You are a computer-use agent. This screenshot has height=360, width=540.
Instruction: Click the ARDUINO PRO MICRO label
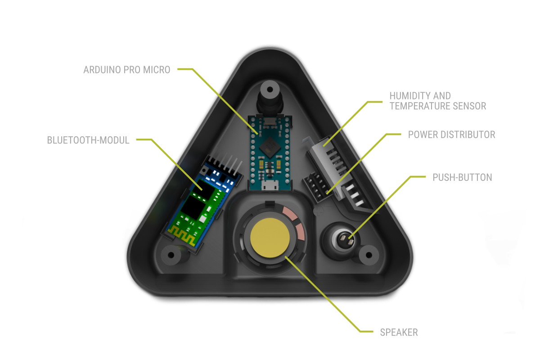coord(127,70)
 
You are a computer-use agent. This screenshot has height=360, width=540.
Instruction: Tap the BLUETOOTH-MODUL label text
coord(88,140)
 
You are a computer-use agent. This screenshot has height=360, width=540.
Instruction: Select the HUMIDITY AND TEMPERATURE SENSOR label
coord(437,101)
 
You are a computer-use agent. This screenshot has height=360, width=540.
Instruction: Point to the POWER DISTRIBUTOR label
coord(451,135)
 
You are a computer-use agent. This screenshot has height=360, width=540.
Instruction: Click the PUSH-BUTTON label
coord(462,177)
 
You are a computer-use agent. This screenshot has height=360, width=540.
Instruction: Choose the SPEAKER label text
coord(399,333)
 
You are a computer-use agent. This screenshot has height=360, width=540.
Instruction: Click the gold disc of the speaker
coord(270,237)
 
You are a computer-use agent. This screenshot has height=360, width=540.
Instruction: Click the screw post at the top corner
coord(270,89)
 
